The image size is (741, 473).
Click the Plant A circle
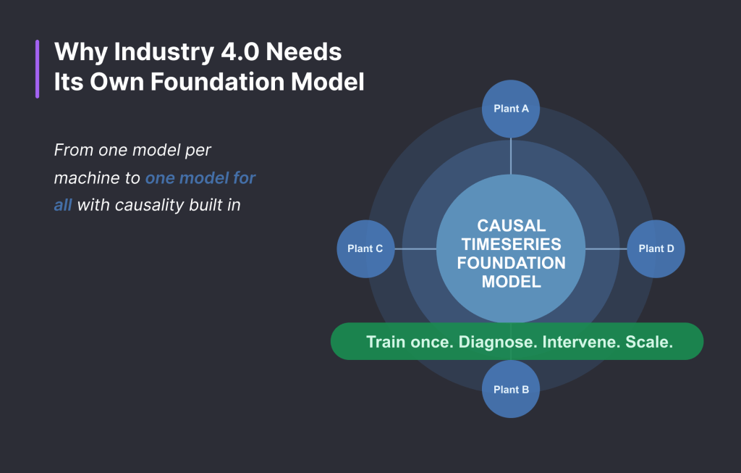tap(511, 109)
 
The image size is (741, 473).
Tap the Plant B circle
tap(511, 389)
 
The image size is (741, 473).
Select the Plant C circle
tap(365, 248)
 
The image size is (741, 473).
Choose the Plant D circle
tap(656, 248)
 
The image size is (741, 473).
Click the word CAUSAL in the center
tap(511, 226)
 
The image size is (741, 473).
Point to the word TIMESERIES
tap(511, 245)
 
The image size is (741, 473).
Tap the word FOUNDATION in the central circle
tap(511, 263)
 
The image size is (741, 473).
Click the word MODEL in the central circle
tap(511, 282)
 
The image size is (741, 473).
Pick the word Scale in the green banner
tap(648, 342)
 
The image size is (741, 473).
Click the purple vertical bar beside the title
tap(37, 69)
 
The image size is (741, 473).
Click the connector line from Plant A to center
tap(511, 156)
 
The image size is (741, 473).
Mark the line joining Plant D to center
tap(606, 248)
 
